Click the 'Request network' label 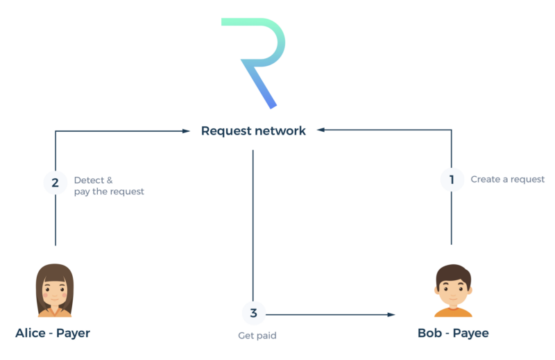tap(253, 130)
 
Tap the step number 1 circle tap(452, 180)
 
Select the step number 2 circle tap(55, 183)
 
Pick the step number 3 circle tap(253, 314)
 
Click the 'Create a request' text tap(508, 180)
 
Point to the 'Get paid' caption tap(257, 336)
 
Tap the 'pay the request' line tap(109, 191)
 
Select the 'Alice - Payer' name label tap(53, 334)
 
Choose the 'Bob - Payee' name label tap(453, 334)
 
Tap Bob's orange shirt tap(453, 311)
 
